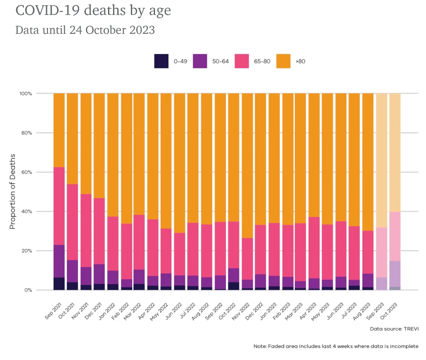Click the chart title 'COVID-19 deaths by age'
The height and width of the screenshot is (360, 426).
93,10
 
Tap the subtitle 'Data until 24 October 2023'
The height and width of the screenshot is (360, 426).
85,30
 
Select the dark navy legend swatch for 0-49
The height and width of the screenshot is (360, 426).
161,61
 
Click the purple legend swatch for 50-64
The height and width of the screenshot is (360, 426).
200,61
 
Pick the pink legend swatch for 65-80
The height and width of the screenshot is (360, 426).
242,61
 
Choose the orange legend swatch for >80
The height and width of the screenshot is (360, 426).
283,61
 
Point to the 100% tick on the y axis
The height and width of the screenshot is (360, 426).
26,94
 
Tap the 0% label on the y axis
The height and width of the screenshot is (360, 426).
28,290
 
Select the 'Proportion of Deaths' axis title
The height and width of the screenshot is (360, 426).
13,192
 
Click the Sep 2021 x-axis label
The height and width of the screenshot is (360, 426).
53,311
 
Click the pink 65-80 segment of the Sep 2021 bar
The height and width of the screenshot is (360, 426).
59,206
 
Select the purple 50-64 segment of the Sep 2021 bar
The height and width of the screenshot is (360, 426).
59,261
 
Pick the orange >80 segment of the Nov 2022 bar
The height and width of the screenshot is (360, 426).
247,166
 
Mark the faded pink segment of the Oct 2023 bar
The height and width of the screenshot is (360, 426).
395,236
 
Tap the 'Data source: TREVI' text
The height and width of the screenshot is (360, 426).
394,329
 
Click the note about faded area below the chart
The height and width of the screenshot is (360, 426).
336,346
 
